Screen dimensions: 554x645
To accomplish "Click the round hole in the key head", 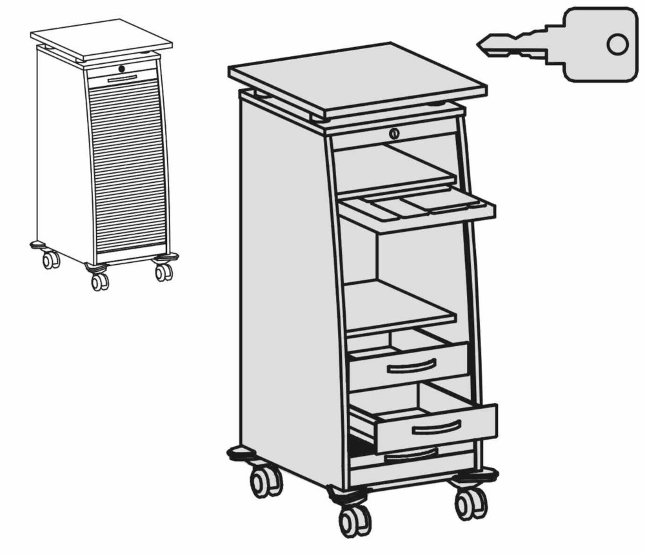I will click(617, 45).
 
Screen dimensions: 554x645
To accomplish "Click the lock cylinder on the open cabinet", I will click(394, 134).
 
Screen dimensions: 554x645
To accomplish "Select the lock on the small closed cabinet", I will click(121, 68).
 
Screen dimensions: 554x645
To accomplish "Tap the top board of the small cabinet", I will click(102, 38).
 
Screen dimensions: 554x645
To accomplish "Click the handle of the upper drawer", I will click(409, 368).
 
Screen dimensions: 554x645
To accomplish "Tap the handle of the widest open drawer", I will click(436, 427).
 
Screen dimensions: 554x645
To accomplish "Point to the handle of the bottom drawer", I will click(410, 455).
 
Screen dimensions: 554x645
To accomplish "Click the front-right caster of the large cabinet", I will click(471, 501).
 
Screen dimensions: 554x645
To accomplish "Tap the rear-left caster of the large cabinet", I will click(265, 481).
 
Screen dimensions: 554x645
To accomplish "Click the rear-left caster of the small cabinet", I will click(50, 260).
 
